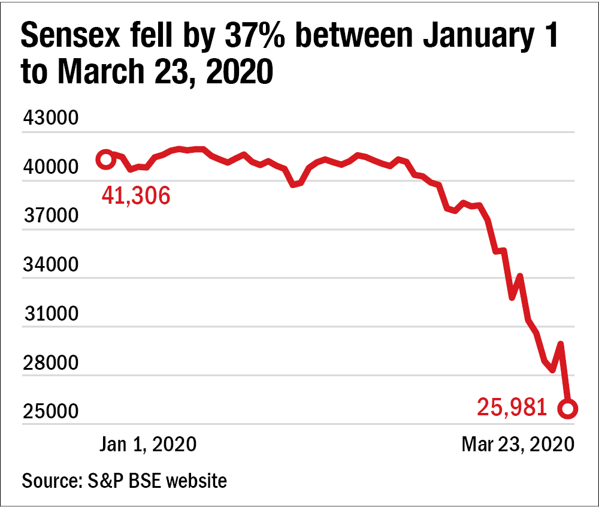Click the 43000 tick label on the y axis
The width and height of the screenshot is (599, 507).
point(50,118)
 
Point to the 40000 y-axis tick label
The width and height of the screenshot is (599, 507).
point(50,167)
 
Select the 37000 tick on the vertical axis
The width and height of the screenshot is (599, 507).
point(50,216)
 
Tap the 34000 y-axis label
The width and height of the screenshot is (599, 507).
point(50,265)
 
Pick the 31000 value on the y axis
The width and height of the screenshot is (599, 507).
point(50,314)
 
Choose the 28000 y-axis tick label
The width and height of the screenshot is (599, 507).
point(50,363)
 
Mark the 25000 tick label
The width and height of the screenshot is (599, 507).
point(50,412)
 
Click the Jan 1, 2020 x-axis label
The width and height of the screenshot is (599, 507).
point(148,444)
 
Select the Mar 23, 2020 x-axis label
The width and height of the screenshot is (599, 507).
point(518,444)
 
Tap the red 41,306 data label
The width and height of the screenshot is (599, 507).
point(136,195)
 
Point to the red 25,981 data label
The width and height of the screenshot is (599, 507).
point(512,408)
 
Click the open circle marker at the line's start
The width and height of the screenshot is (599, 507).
point(106,159)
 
